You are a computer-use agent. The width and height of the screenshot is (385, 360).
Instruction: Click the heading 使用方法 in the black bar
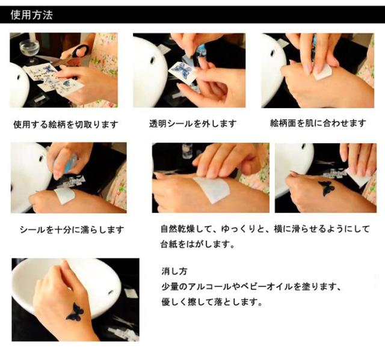pyautogui.click(x=32, y=15)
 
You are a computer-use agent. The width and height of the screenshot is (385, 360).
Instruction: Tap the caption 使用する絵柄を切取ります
pyautogui.click(x=66, y=124)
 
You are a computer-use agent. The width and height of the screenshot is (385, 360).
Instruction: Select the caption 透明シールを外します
pyautogui.click(x=192, y=124)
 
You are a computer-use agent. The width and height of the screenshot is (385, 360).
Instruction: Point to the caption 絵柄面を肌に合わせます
pyautogui.click(x=318, y=123)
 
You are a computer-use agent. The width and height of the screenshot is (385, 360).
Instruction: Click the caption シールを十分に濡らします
pyautogui.click(x=72, y=230)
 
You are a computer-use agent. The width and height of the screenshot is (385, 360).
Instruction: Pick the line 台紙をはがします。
pyautogui.click(x=198, y=244)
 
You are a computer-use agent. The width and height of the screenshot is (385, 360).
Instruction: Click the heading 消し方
pyautogui.click(x=174, y=271)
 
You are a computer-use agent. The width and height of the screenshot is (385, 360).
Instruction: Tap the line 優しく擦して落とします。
pyautogui.click(x=212, y=302)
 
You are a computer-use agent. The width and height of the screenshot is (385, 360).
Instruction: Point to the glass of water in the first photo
pyautogui.click(x=29, y=50)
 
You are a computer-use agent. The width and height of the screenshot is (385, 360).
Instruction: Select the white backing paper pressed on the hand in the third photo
pyautogui.click(x=322, y=73)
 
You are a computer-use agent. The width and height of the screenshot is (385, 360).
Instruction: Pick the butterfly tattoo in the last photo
pyautogui.click(x=75, y=312)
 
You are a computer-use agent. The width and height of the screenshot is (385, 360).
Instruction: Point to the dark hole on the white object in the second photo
pyautogui.click(x=153, y=59)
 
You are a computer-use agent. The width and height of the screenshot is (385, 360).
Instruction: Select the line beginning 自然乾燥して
pyautogui.click(x=265, y=229)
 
